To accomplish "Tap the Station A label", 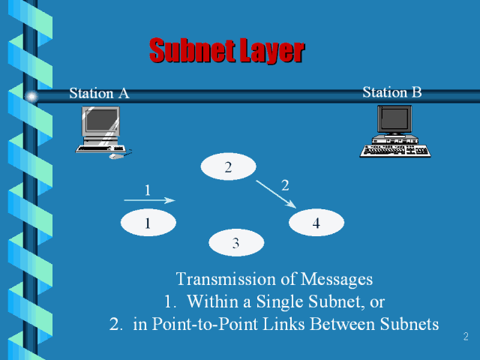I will [99, 93].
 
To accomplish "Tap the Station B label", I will [391, 92].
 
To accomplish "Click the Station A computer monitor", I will [101, 121].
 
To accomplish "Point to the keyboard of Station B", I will [395, 150].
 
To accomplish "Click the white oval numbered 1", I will [148, 223].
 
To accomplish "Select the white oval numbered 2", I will [228, 167].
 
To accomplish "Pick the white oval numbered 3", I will [236, 242].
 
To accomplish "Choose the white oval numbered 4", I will [316, 223].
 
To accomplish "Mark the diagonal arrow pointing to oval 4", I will [276, 193].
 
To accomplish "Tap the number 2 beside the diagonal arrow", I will [285, 184].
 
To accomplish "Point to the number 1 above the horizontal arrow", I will [148, 190].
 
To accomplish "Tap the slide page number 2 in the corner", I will [466, 337].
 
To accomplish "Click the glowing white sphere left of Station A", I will [31, 97].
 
